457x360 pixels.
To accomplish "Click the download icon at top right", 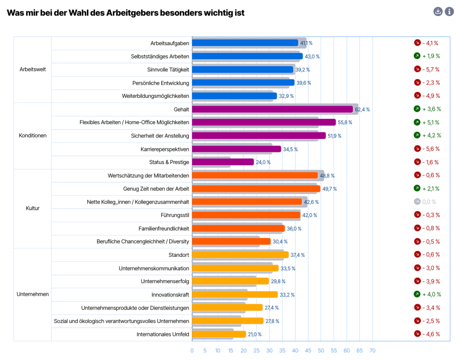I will pyautogui.click(x=438, y=12).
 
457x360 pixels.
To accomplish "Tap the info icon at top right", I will pyautogui.click(x=449, y=12).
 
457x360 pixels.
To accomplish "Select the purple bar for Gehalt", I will pyautogui.click(x=272, y=109).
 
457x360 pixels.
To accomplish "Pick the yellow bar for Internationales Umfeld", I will pyautogui.click(x=219, y=334).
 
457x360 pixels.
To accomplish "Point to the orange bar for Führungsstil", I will pyautogui.click(x=246, y=215).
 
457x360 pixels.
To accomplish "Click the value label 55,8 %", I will pyautogui.click(x=345, y=122).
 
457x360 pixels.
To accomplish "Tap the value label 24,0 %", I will pyautogui.click(x=263, y=162).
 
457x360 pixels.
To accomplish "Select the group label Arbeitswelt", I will pyautogui.click(x=33, y=70).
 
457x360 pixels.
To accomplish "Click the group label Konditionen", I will pyautogui.click(x=33, y=136).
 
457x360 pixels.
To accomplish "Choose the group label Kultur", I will pyautogui.click(x=33, y=208).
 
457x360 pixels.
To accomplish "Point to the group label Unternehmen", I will pyautogui.click(x=33, y=294).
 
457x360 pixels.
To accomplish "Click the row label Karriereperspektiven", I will pyautogui.click(x=165, y=149).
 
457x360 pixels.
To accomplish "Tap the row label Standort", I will pyautogui.click(x=179, y=255).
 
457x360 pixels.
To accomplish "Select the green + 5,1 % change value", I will pyautogui.click(x=431, y=122).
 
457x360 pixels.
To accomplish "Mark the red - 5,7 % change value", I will pyautogui.click(x=431, y=69).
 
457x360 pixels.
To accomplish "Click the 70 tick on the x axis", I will pyautogui.click(x=372, y=351).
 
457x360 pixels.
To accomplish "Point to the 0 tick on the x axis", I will pyautogui.click(x=192, y=351).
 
